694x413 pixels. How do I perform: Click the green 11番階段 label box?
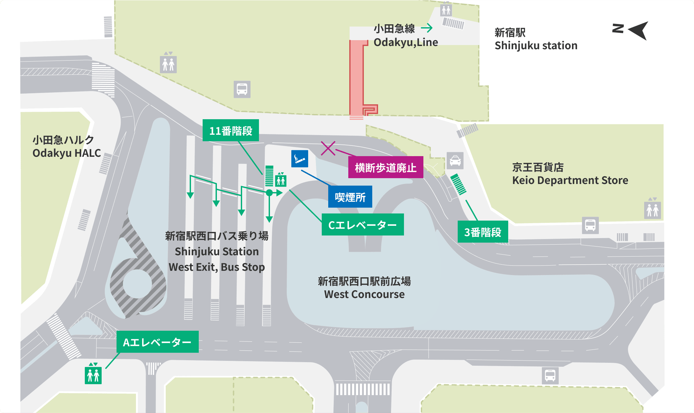coord(230,131)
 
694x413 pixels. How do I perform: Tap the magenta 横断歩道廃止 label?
coord(386,167)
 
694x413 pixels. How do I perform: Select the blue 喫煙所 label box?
coord(350,197)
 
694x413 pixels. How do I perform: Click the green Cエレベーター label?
coord(363,225)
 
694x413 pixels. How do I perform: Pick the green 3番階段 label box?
coord(483,232)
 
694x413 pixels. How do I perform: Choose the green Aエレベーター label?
coord(157,342)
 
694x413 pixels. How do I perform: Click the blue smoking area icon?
coord(299,159)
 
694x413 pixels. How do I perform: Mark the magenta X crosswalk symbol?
coord(328,148)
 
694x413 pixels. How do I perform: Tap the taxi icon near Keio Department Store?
coord(455,161)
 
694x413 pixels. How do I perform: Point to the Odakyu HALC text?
coord(67,153)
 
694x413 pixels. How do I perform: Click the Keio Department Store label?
coord(570,180)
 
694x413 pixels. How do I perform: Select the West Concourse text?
coord(364,294)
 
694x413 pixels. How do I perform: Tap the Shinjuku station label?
coord(536,46)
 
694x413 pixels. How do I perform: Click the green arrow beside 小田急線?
coord(427,28)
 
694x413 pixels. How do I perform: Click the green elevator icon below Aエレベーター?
coord(93,375)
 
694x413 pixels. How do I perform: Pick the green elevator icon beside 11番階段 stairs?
coord(281,180)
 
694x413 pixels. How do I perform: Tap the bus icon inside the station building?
coord(242,89)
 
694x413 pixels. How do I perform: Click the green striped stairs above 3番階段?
coord(458,184)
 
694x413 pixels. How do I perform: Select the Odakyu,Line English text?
coord(406,42)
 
